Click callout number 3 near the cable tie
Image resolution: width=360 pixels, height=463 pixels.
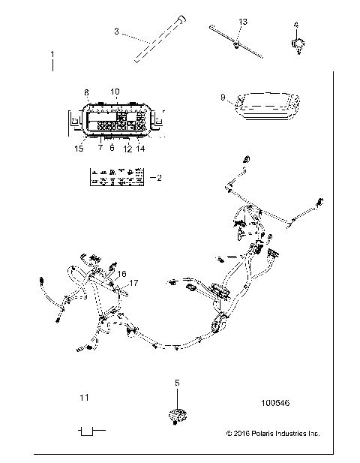(116, 32)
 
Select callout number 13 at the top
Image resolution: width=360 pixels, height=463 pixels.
(242, 22)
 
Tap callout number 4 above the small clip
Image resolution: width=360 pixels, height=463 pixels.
(296, 25)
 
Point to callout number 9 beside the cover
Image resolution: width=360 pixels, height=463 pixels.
(223, 97)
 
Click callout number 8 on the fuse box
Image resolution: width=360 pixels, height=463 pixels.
(86, 92)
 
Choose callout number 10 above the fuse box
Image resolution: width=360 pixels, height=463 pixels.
(115, 92)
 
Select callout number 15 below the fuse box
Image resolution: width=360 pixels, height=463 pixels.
(79, 149)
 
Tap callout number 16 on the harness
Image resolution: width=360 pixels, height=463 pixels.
(122, 274)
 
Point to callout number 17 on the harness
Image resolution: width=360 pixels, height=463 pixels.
(135, 283)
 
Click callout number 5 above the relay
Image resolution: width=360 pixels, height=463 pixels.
(178, 383)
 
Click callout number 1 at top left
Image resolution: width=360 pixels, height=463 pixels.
(52, 55)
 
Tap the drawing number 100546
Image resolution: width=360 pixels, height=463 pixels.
(274, 403)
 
